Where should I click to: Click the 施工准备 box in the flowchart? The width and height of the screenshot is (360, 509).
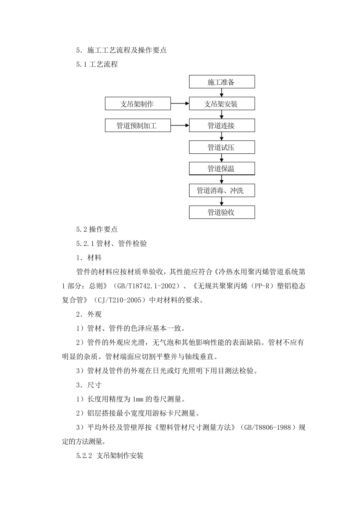pos(222,82)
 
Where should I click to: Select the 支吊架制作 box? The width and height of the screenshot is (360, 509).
pos(138,104)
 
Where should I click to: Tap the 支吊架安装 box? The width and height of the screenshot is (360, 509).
pos(222,104)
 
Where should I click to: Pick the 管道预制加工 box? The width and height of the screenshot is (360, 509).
pos(138,125)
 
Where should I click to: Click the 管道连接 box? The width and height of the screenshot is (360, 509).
pos(222,125)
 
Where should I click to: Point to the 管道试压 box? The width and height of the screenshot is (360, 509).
pos(222,147)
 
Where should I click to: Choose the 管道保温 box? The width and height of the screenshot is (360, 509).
pos(222,169)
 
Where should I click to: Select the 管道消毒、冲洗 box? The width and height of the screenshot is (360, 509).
pos(222,190)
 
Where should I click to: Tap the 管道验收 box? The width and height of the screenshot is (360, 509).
pos(222,212)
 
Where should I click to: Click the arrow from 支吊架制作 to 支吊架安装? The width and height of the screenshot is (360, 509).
pos(180,103)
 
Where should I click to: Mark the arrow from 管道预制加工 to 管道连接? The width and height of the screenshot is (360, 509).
pos(180,125)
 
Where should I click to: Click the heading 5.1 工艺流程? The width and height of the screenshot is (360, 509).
pos(97,64)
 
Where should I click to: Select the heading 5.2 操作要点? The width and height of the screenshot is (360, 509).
pos(97,229)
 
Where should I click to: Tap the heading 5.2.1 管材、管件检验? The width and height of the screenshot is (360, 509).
pos(111,244)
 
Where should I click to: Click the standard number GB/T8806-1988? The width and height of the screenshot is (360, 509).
pos(268,428)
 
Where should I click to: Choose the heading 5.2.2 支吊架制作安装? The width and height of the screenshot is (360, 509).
pos(110,456)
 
